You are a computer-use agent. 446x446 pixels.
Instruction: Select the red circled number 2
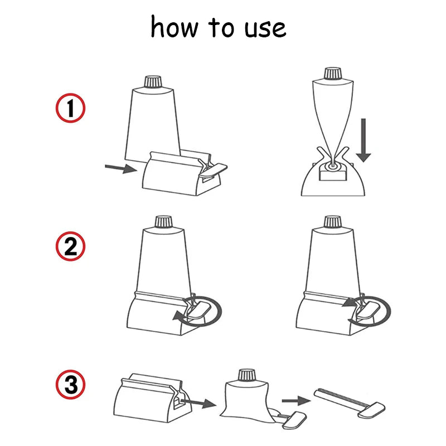tap(70, 246)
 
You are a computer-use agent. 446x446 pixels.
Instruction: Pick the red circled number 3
tap(70, 384)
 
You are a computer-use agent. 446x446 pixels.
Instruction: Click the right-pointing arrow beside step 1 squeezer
tap(120, 167)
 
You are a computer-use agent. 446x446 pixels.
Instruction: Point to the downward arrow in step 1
tap(363, 139)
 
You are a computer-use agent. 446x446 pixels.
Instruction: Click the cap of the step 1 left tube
tap(152, 82)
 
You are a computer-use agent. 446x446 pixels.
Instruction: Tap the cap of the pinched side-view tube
tap(332, 72)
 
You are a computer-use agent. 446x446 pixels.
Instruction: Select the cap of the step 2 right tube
tap(333, 222)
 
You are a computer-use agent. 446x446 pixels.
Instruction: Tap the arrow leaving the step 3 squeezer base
tap(199, 402)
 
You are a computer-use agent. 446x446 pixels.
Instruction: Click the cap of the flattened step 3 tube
tap(246, 375)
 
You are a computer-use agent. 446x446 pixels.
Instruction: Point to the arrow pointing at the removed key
tap(295, 400)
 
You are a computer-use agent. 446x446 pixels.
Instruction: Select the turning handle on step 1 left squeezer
tap(214, 167)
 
